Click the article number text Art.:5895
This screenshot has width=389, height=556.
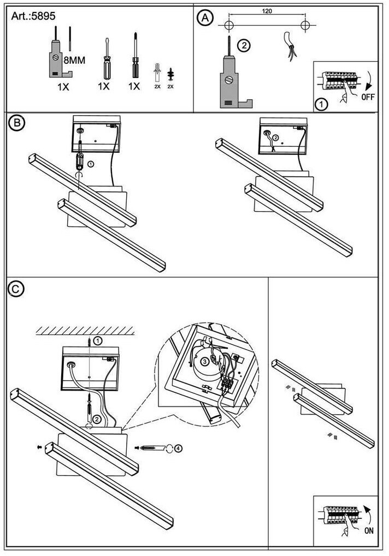(x=33, y=16)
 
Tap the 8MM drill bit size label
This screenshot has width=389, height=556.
(x=74, y=61)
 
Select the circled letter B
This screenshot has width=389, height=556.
(x=17, y=123)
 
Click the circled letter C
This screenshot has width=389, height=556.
(x=17, y=289)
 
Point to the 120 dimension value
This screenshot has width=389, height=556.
(x=268, y=10)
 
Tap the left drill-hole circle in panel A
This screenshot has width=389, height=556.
(x=228, y=25)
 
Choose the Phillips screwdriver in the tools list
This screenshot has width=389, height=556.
(x=134, y=57)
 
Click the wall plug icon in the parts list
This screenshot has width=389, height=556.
(x=157, y=71)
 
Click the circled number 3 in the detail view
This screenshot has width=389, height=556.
(x=203, y=361)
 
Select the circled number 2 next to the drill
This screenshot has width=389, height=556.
(x=244, y=46)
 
